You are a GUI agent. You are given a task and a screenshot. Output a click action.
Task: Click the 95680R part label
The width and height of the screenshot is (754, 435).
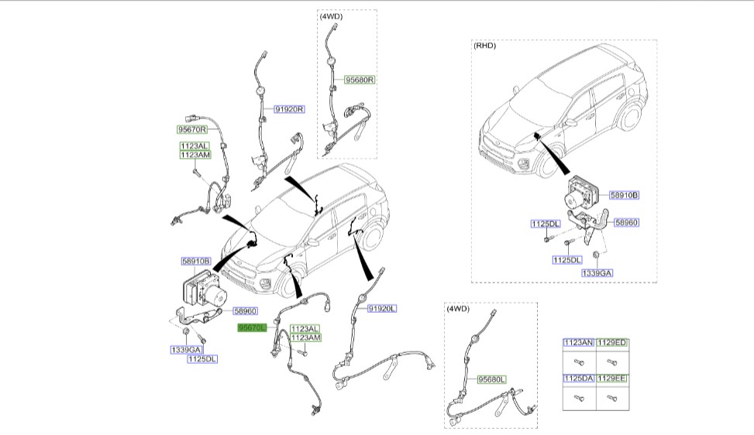coord(360,80)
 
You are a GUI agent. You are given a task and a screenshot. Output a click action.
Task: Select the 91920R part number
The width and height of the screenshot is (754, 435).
coord(289,110)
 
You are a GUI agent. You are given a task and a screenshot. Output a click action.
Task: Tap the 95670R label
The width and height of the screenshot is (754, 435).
coord(192,129)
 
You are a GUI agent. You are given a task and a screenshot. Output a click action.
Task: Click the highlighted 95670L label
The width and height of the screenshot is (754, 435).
coord(252,328)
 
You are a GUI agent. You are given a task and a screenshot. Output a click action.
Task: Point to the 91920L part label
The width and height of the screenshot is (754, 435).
coord(381,308)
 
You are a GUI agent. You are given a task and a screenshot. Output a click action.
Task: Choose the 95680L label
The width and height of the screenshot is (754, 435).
coord(491,379)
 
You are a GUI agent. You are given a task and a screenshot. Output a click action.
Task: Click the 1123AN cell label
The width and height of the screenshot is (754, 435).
coord(578,342)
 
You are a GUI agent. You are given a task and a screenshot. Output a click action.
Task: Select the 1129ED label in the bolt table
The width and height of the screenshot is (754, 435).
coord(612,342)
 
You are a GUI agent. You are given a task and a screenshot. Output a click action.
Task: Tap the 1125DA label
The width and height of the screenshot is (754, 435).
coord(578,378)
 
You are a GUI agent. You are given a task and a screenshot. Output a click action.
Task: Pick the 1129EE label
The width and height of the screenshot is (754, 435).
coord(612,378)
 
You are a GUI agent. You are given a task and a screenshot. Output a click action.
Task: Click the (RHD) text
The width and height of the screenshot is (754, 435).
coord(484,46)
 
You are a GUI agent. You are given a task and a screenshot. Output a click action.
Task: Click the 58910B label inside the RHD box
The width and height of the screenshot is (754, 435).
coord(623,195)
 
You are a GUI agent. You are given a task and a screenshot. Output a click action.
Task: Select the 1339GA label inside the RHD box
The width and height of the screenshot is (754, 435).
coord(597,272)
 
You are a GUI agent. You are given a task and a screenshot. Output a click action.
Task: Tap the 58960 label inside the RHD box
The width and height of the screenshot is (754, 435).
coord(626,222)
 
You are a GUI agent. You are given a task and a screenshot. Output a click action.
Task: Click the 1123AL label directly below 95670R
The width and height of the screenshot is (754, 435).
coord(195,146)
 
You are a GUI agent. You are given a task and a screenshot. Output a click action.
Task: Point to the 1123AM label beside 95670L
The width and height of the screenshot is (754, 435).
coord(305,337)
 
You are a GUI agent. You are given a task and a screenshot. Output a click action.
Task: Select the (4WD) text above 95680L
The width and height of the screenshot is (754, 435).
coord(457,308)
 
